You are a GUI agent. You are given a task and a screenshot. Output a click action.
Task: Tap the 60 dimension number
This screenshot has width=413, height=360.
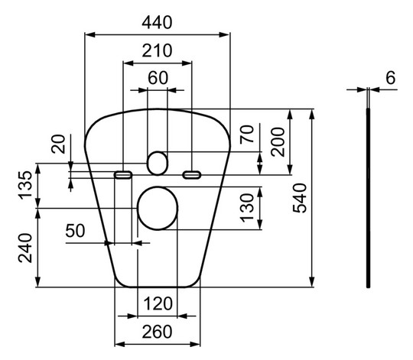pos(157,77)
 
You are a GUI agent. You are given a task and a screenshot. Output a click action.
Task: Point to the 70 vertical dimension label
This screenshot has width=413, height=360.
pos(246,135)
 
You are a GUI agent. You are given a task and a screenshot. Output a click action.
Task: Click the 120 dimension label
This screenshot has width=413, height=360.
pos(156,304)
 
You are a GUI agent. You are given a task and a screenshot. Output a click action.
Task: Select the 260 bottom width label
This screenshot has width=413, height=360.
pos(156,332)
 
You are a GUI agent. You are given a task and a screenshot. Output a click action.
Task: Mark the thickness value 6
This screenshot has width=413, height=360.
pos(391,77)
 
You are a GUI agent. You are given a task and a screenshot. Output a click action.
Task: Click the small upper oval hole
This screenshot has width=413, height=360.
pos(157,161)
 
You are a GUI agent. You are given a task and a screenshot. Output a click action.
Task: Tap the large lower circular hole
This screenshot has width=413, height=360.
pos(156,207)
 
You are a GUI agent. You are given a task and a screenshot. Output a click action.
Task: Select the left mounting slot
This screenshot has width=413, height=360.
pos(122,175)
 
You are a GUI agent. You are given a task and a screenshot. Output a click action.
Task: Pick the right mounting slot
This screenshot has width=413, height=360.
pos(191,175)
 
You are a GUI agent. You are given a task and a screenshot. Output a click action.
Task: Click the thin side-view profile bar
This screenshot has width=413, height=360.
pos(369,199)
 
